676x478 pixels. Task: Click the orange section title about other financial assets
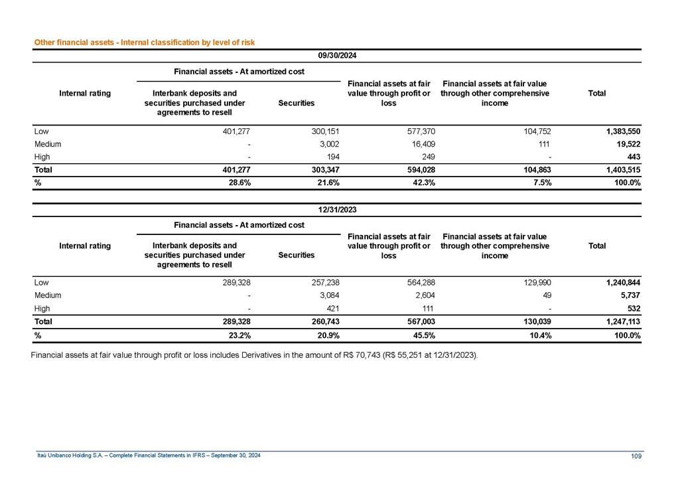(x=145, y=42)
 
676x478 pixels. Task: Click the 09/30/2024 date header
(x=338, y=56)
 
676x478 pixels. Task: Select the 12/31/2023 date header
(x=338, y=210)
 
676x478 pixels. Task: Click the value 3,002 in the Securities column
(x=329, y=144)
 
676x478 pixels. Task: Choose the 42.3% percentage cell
(x=423, y=183)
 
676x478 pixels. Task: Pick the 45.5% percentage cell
(x=423, y=335)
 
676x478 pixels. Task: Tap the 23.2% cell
(x=238, y=335)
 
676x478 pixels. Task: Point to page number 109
(x=635, y=455)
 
